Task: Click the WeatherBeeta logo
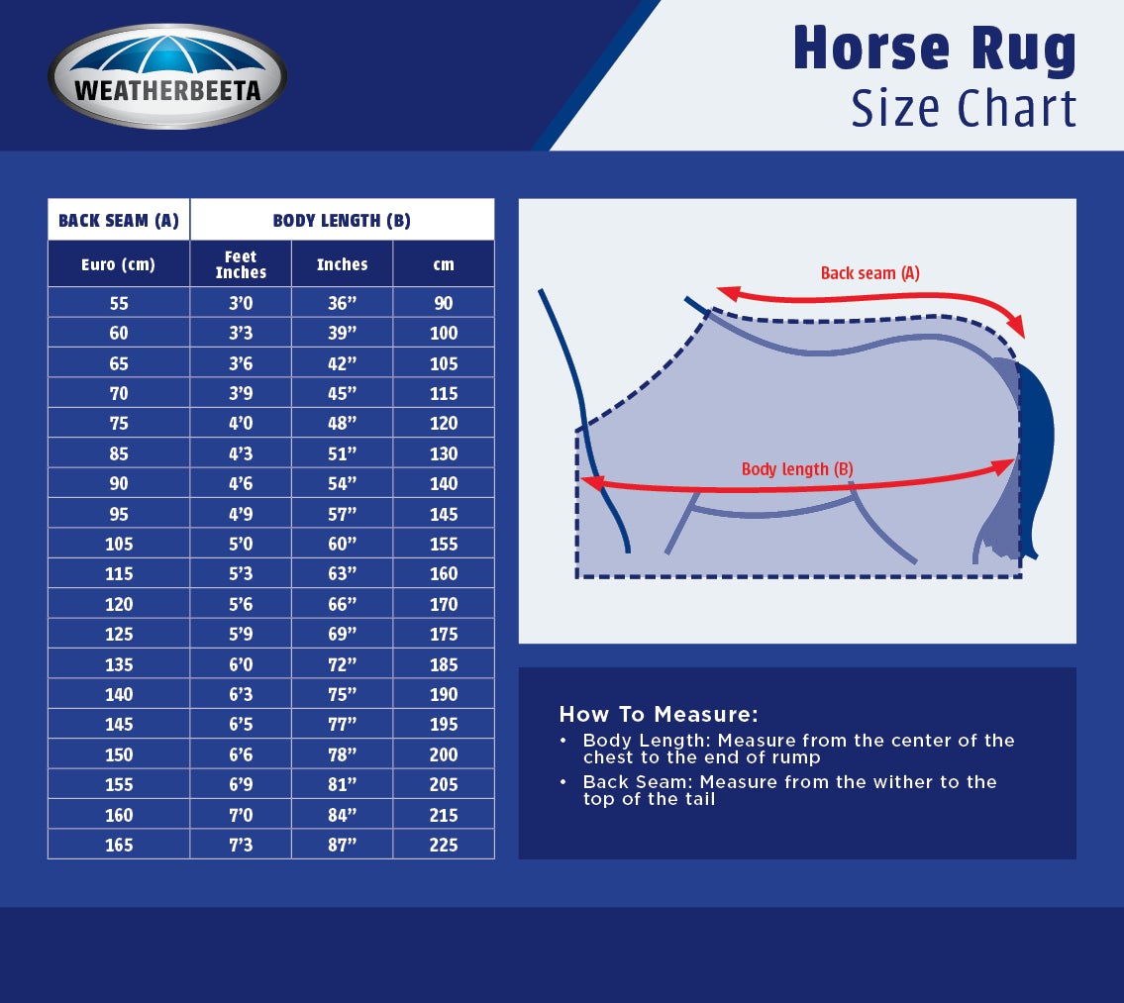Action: point(167,77)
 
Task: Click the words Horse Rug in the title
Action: point(934,50)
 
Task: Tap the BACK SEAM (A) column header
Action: point(119,220)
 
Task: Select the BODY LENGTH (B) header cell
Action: point(342,220)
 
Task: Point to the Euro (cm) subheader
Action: point(119,264)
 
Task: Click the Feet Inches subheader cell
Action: point(241,264)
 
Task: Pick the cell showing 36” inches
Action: point(342,303)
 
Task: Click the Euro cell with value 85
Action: point(119,453)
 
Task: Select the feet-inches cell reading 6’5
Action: point(241,724)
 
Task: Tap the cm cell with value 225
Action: point(444,845)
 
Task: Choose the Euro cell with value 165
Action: point(119,845)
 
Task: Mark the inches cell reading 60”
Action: point(342,544)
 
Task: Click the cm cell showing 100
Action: point(444,333)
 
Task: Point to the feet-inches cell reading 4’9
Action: point(241,514)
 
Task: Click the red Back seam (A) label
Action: point(869,273)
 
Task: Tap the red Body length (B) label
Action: point(797,469)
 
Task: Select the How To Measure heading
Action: point(659,714)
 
